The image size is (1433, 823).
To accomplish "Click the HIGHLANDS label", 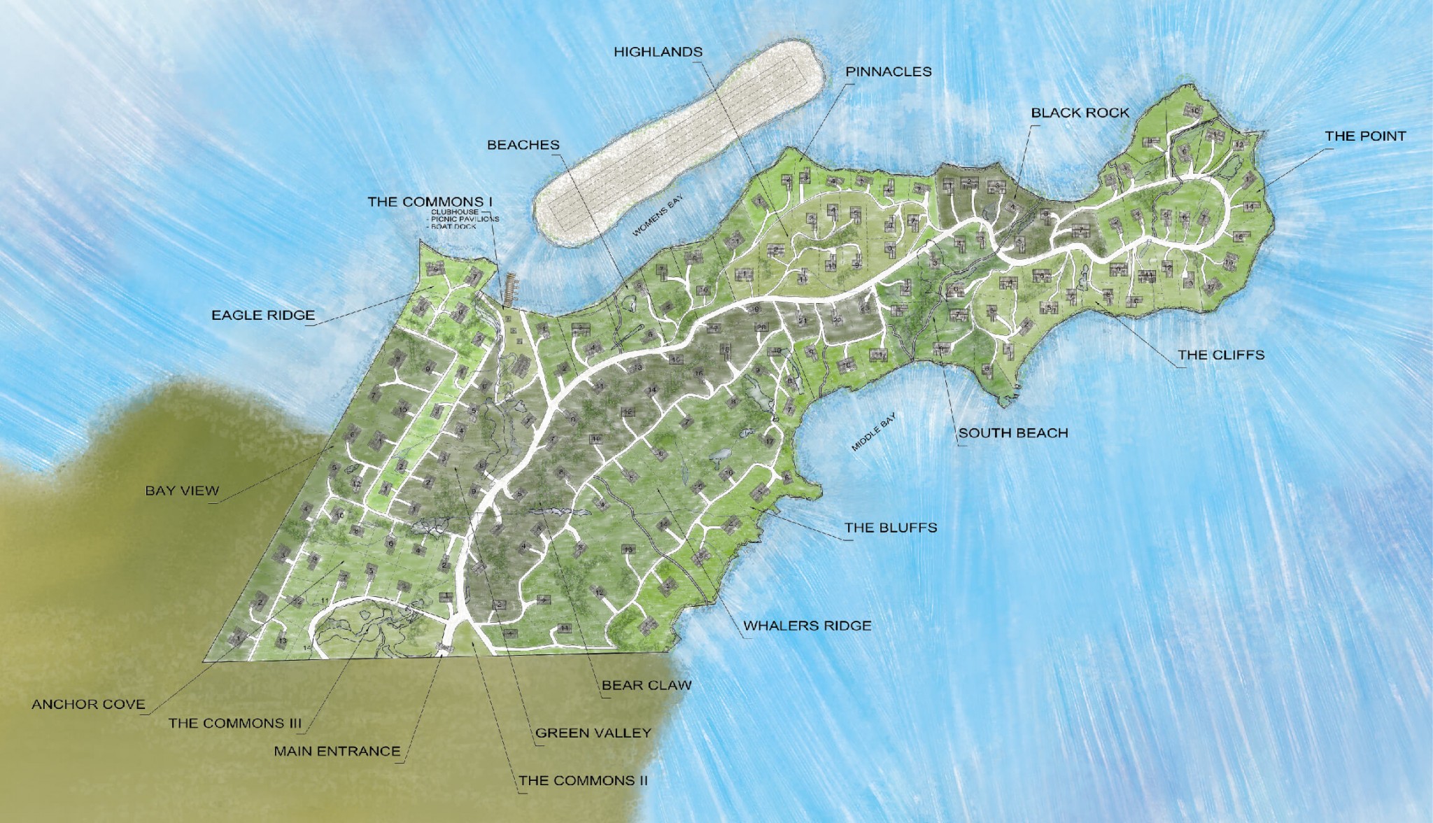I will (658, 52).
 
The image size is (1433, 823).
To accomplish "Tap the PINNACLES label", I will (888, 71).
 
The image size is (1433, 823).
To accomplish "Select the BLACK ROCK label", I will (1080, 113).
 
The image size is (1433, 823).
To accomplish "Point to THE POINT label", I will (1364, 136).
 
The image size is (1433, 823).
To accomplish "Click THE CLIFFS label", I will (1220, 355).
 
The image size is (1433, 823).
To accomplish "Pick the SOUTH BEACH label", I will (1012, 433).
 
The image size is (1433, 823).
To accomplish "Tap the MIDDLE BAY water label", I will (873, 432).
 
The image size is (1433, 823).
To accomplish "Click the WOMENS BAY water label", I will (657, 216).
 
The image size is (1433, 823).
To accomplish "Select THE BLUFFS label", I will (890, 528).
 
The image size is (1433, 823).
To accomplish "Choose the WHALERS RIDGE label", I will (807, 626).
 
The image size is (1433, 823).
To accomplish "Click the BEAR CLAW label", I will (646, 685).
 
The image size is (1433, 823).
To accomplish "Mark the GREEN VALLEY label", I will (593, 733).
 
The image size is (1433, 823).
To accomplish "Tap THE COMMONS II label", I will (583, 780).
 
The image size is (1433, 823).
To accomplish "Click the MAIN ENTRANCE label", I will (337, 751).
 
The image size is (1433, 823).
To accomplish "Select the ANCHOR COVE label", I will (88, 704).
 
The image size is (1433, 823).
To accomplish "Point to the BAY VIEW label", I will (182, 491).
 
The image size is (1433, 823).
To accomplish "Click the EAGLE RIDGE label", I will (263, 316).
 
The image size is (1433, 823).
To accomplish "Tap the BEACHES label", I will (523, 145).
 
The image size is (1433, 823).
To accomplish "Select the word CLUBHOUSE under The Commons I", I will (455, 211).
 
